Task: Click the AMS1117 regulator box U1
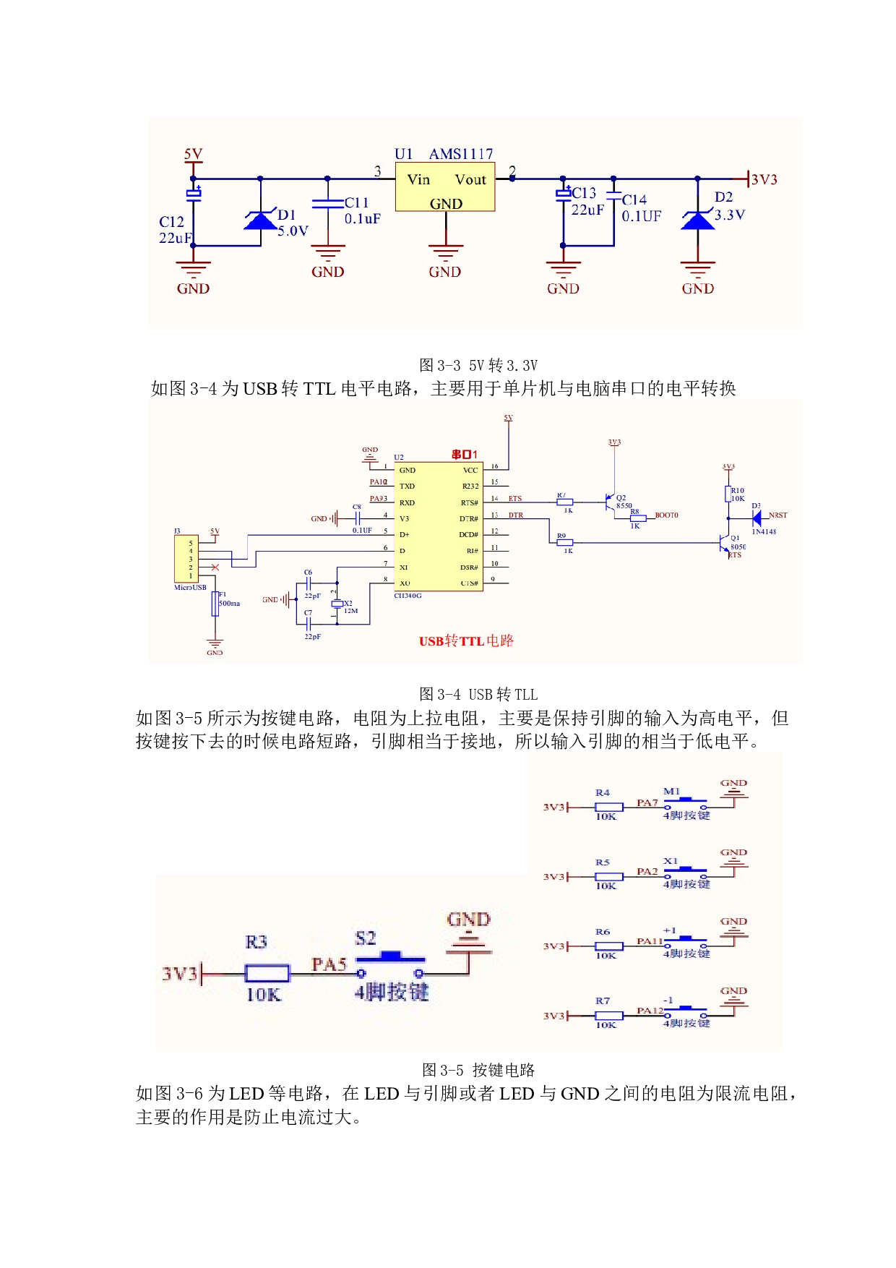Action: point(445,187)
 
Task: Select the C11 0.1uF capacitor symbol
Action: point(327,204)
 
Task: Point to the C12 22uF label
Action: point(174,230)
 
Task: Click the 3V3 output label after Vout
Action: point(764,179)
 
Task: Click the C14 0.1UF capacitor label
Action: point(641,208)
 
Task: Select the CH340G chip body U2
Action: point(439,526)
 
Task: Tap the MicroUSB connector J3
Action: point(186,559)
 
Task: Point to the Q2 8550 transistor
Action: point(611,502)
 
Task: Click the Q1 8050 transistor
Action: point(725,543)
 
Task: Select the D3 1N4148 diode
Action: point(757,518)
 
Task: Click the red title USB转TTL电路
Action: point(466,641)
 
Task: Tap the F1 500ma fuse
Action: point(215,604)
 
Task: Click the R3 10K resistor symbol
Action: point(267,974)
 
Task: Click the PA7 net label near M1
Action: point(647,802)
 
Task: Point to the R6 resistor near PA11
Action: point(608,946)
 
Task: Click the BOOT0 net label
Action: point(666,515)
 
